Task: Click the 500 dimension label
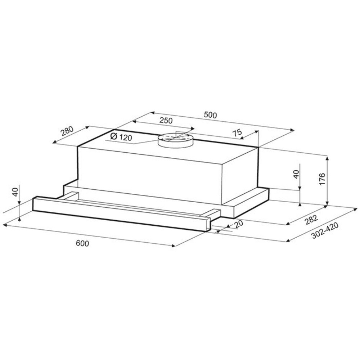tap(210, 115)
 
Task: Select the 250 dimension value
tap(166, 120)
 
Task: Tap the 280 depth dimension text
tap(67, 131)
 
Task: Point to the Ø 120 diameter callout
tap(121, 137)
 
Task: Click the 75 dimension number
tap(238, 132)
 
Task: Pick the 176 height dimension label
tap(322, 179)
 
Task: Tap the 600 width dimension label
tap(82, 243)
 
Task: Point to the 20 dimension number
tap(238, 224)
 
